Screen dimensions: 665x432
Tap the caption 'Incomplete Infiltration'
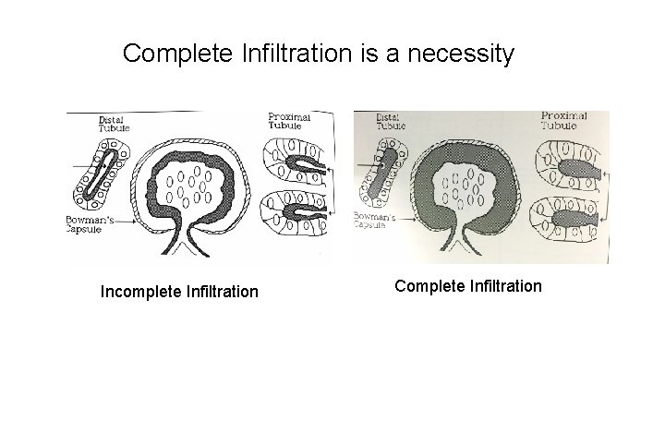click(x=179, y=293)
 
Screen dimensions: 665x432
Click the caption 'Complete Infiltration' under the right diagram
click(x=468, y=286)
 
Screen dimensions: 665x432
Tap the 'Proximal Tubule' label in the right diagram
click(x=565, y=120)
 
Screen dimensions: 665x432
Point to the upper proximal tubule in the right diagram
click(x=570, y=167)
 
